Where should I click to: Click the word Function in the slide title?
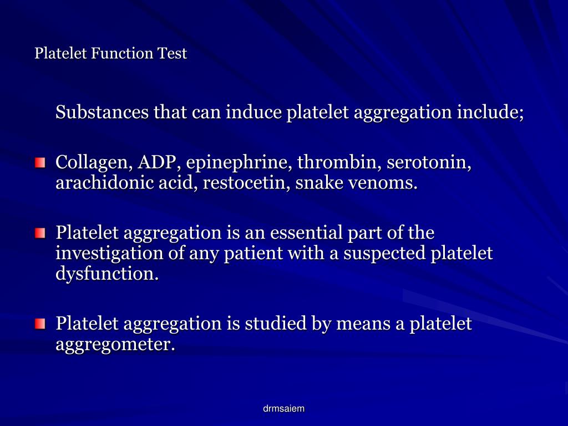pyautogui.click(x=122, y=54)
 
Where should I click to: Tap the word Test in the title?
pyautogui.click(x=173, y=54)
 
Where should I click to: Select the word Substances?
pyautogui.click(x=102, y=113)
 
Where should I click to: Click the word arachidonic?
pyautogui.click(x=101, y=182)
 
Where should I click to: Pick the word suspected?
pyautogui.click(x=385, y=253)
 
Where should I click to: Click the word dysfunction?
pyautogui.click(x=106, y=273)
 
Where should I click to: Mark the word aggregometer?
pyautogui.click(x=115, y=344)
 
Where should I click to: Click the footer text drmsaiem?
pyautogui.click(x=283, y=409)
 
